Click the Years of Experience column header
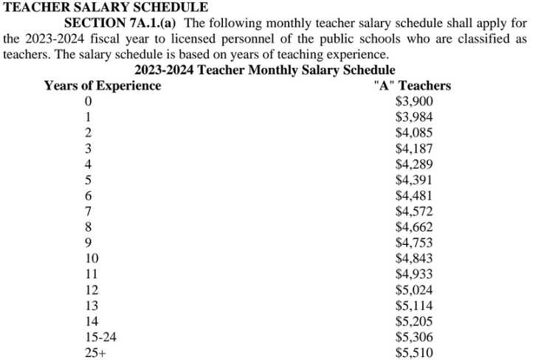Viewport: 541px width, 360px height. pos(103,86)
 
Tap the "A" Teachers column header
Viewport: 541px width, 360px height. pos(413,86)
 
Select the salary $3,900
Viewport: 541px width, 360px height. pos(414,102)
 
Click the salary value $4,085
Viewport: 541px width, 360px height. pos(414,133)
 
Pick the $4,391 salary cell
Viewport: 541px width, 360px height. pos(414,180)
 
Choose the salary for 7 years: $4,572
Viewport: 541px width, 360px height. pos(414,212)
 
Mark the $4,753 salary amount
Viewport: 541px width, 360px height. pos(414,243)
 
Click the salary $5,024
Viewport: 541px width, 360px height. pos(414,290)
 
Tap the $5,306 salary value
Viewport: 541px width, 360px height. pos(414,337)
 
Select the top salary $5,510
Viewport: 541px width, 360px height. pos(414,353)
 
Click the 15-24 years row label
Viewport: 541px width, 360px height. pos(101,337)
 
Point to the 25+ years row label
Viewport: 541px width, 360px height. pos(96,353)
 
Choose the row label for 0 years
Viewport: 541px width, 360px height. pos(89,102)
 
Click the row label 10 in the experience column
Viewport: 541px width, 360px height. pos(92,258)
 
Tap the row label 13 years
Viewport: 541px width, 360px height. pos(92,305)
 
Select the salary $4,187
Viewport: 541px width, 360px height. pos(414,149)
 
